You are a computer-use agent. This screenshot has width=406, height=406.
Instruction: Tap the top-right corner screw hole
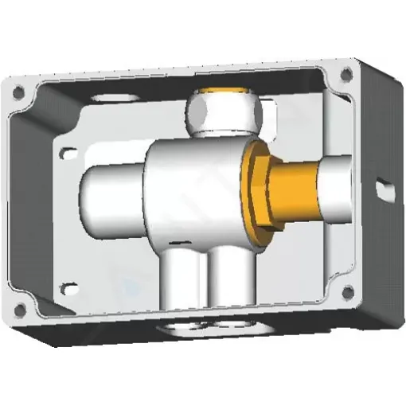346,74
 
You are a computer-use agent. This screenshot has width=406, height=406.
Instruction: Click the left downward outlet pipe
181,283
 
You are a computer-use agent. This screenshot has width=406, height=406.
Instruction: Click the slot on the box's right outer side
386,185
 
